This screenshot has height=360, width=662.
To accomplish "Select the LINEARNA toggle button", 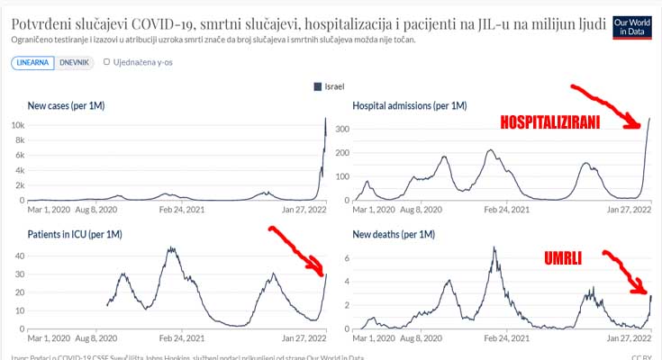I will coord(32,63).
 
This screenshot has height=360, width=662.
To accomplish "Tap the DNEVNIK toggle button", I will coord(74,63).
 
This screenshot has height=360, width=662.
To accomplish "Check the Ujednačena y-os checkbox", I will coord(107,63).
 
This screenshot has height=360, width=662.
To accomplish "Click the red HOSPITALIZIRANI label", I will coord(550,124).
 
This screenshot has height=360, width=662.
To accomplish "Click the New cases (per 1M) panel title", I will coord(67,106).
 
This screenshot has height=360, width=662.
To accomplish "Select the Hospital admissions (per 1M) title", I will coord(410,106).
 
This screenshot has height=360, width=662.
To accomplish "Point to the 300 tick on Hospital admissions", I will coord(342,129).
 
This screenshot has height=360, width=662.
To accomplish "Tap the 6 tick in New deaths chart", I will coord(345,257).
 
